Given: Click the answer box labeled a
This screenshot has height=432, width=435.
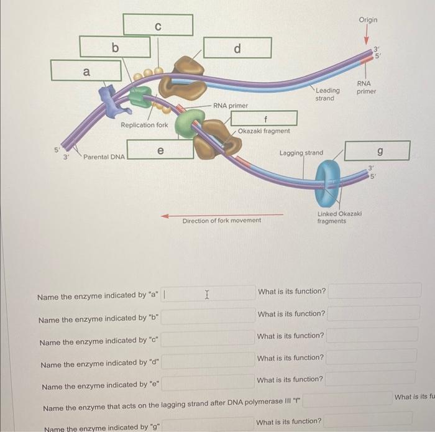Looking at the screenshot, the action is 86,71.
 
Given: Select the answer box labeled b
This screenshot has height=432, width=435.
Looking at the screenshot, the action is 114,47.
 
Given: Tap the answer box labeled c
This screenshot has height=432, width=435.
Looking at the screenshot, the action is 158,25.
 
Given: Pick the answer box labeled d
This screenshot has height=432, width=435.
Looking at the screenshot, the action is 237,48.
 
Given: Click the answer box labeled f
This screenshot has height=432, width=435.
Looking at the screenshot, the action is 265,117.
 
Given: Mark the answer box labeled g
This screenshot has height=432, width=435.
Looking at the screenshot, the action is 378,150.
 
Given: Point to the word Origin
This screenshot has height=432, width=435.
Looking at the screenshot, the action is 367,20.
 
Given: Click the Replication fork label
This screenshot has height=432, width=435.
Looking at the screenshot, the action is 144,126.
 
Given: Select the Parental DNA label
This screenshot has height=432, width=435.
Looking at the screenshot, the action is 104,157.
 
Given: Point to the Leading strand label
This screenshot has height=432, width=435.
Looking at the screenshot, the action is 327,94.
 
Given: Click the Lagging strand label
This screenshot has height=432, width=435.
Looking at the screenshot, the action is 301,152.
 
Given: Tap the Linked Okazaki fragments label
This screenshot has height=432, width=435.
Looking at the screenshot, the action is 339,217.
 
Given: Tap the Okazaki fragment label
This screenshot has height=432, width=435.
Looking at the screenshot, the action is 263,131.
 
